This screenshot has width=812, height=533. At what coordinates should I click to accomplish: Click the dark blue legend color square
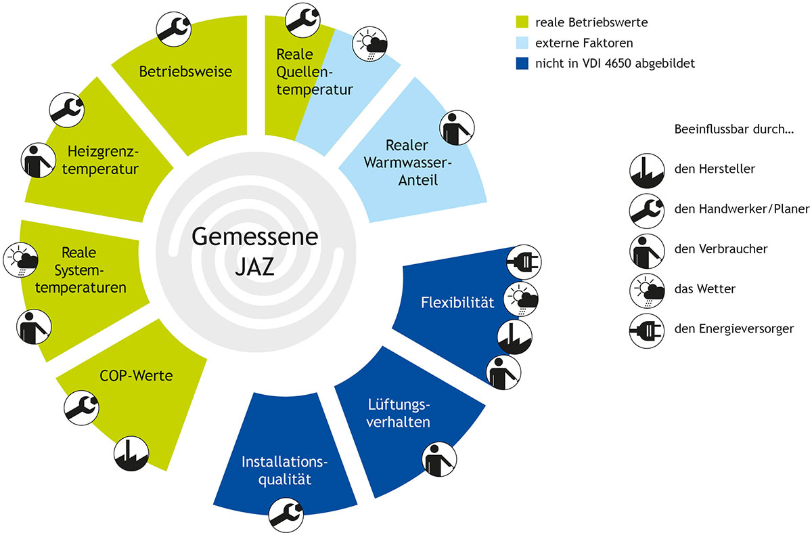click(x=522, y=63)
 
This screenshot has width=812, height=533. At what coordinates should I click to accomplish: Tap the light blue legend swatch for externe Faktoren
click(x=522, y=43)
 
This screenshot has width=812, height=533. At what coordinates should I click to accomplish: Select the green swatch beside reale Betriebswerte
click(x=522, y=22)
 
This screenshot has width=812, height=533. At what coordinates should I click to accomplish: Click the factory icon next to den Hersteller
click(x=647, y=171)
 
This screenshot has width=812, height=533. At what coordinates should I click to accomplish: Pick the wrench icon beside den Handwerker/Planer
click(x=647, y=211)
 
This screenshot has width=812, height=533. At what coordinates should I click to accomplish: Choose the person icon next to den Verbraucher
click(x=647, y=251)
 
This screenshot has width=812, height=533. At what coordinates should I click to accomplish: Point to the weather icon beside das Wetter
click(x=647, y=291)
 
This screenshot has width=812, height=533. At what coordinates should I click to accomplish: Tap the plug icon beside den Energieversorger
click(x=647, y=331)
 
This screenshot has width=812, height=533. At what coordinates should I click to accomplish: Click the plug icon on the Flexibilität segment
click(x=524, y=262)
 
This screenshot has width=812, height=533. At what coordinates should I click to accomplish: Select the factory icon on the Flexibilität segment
click(x=515, y=337)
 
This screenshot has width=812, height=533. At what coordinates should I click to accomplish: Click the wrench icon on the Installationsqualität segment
click(x=286, y=515)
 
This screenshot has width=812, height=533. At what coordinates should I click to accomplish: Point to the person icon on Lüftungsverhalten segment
click(x=439, y=459)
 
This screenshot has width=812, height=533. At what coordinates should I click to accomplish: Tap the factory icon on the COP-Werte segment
click(x=131, y=454)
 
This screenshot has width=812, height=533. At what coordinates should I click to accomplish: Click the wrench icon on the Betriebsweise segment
click(x=174, y=29)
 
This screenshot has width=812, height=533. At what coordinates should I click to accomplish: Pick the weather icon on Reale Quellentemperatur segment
click(x=369, y=44)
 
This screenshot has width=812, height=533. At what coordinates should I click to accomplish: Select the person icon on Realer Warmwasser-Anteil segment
click(x=457, y=128)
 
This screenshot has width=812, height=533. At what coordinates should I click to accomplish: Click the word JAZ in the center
click(x=255, y=267)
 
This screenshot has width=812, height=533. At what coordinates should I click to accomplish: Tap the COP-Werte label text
click(x=136, y=375)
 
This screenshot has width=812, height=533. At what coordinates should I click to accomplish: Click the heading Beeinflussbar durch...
click(x=734, y=129)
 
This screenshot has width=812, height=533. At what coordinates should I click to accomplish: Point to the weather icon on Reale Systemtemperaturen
click(x=21, y=260)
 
